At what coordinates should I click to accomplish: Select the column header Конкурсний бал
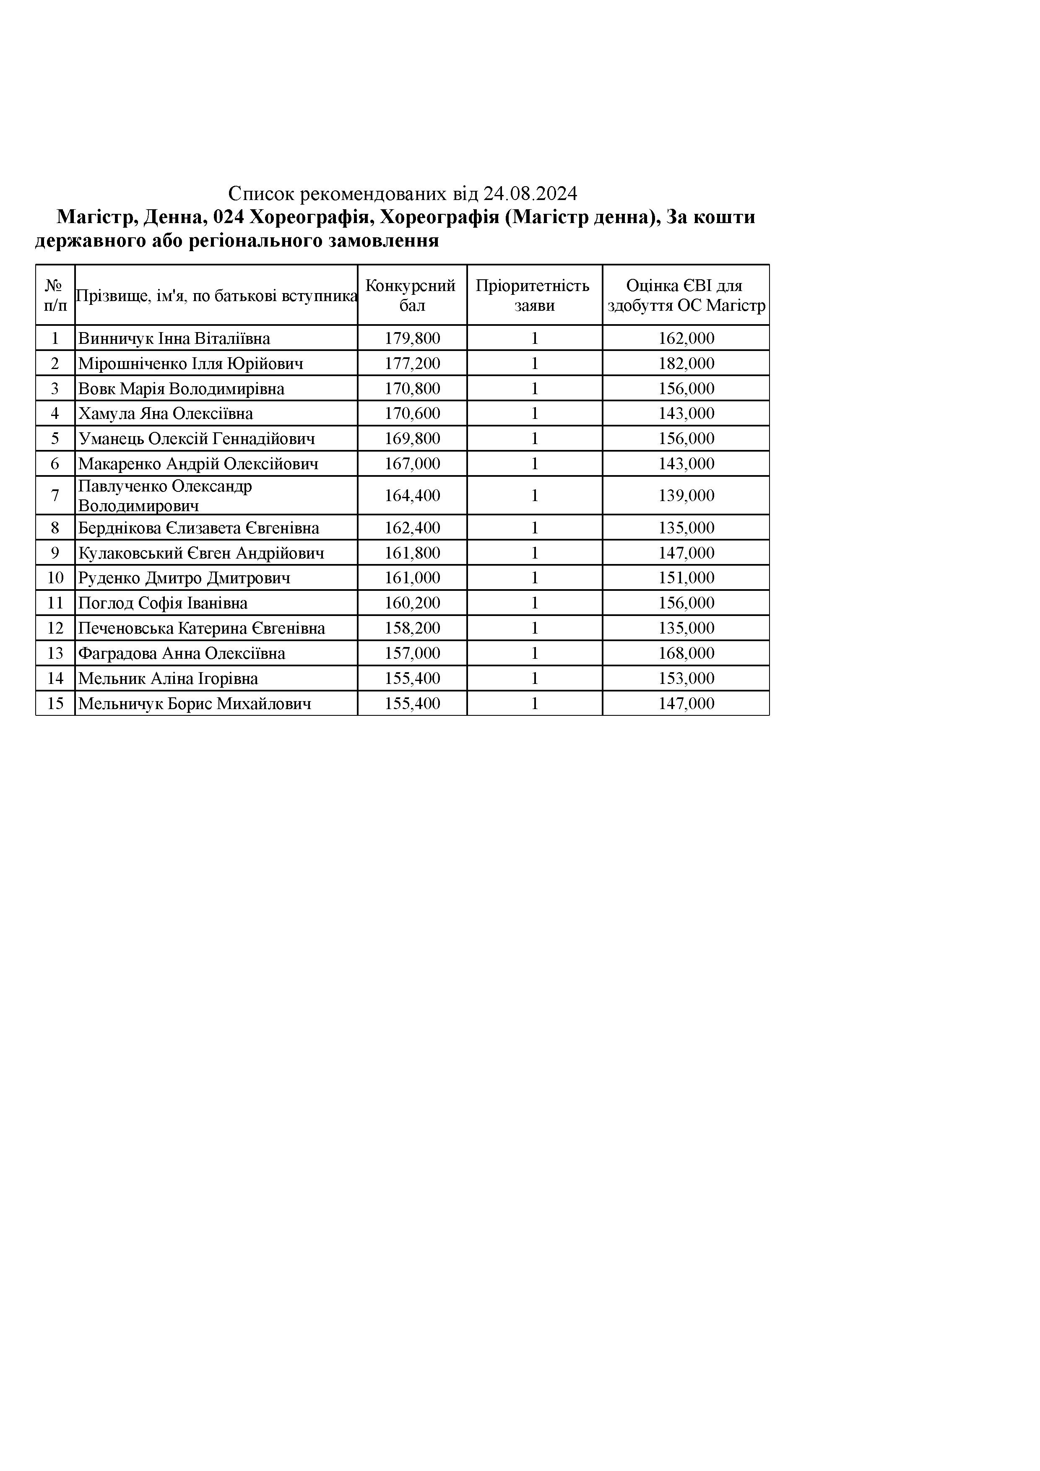coord(412,295)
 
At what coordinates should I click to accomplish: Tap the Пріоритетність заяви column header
coord(534,295)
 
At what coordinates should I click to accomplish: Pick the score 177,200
coord(412,363)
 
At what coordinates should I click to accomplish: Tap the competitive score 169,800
coord(412,439)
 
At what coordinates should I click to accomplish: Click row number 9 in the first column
coord(55,553)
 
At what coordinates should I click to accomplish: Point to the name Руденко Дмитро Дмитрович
coord(184,578)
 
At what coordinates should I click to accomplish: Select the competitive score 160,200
coord(412,603)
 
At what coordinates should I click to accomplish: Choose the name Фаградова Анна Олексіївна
coord(181,653)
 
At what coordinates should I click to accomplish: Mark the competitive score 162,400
coord(412,528)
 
